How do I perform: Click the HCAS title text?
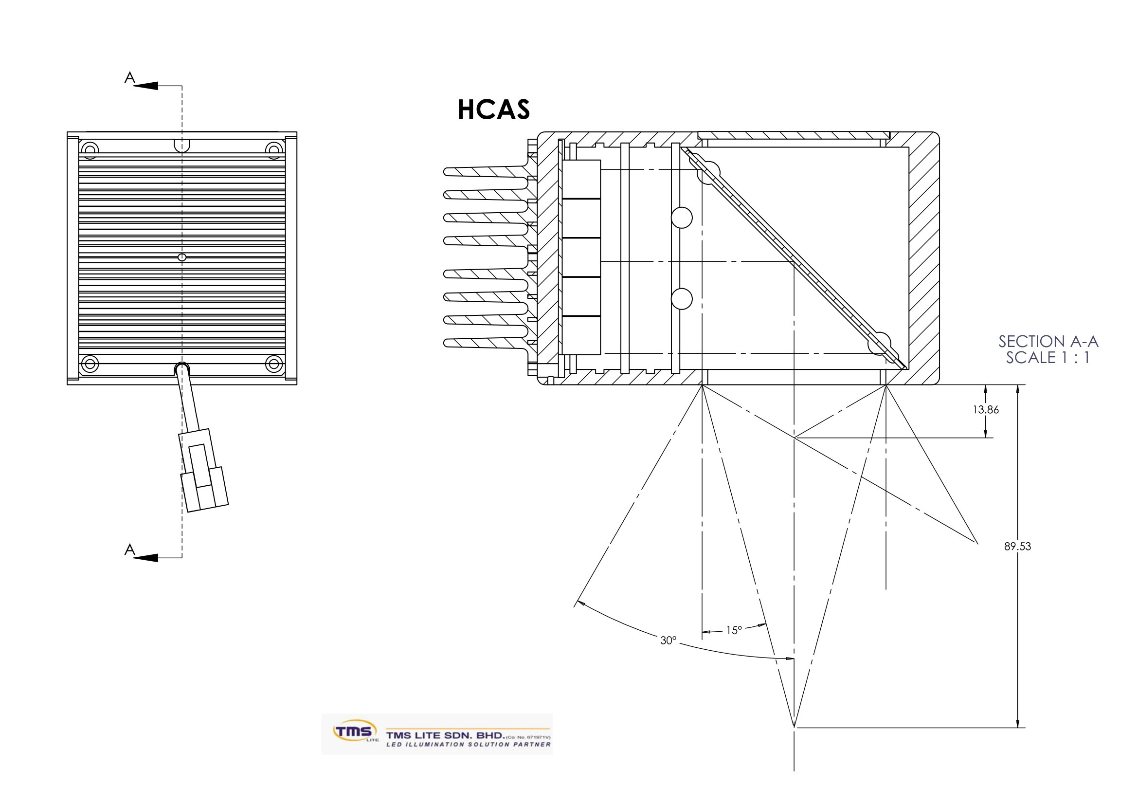[494, 110]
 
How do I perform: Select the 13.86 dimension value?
[986, 410]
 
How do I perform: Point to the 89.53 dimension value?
[1017, 546]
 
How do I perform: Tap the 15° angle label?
[734, 630]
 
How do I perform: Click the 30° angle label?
[668, 640]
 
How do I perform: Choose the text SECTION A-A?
[1048, 342]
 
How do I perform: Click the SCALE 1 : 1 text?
[1048, 357]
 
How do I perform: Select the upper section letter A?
[129, 78]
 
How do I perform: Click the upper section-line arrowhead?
[146, 86]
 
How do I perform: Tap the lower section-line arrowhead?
[146, 558]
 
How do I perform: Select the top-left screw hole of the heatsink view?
[90, 149]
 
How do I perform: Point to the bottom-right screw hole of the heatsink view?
[273, 365]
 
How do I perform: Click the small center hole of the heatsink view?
[182, 257]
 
